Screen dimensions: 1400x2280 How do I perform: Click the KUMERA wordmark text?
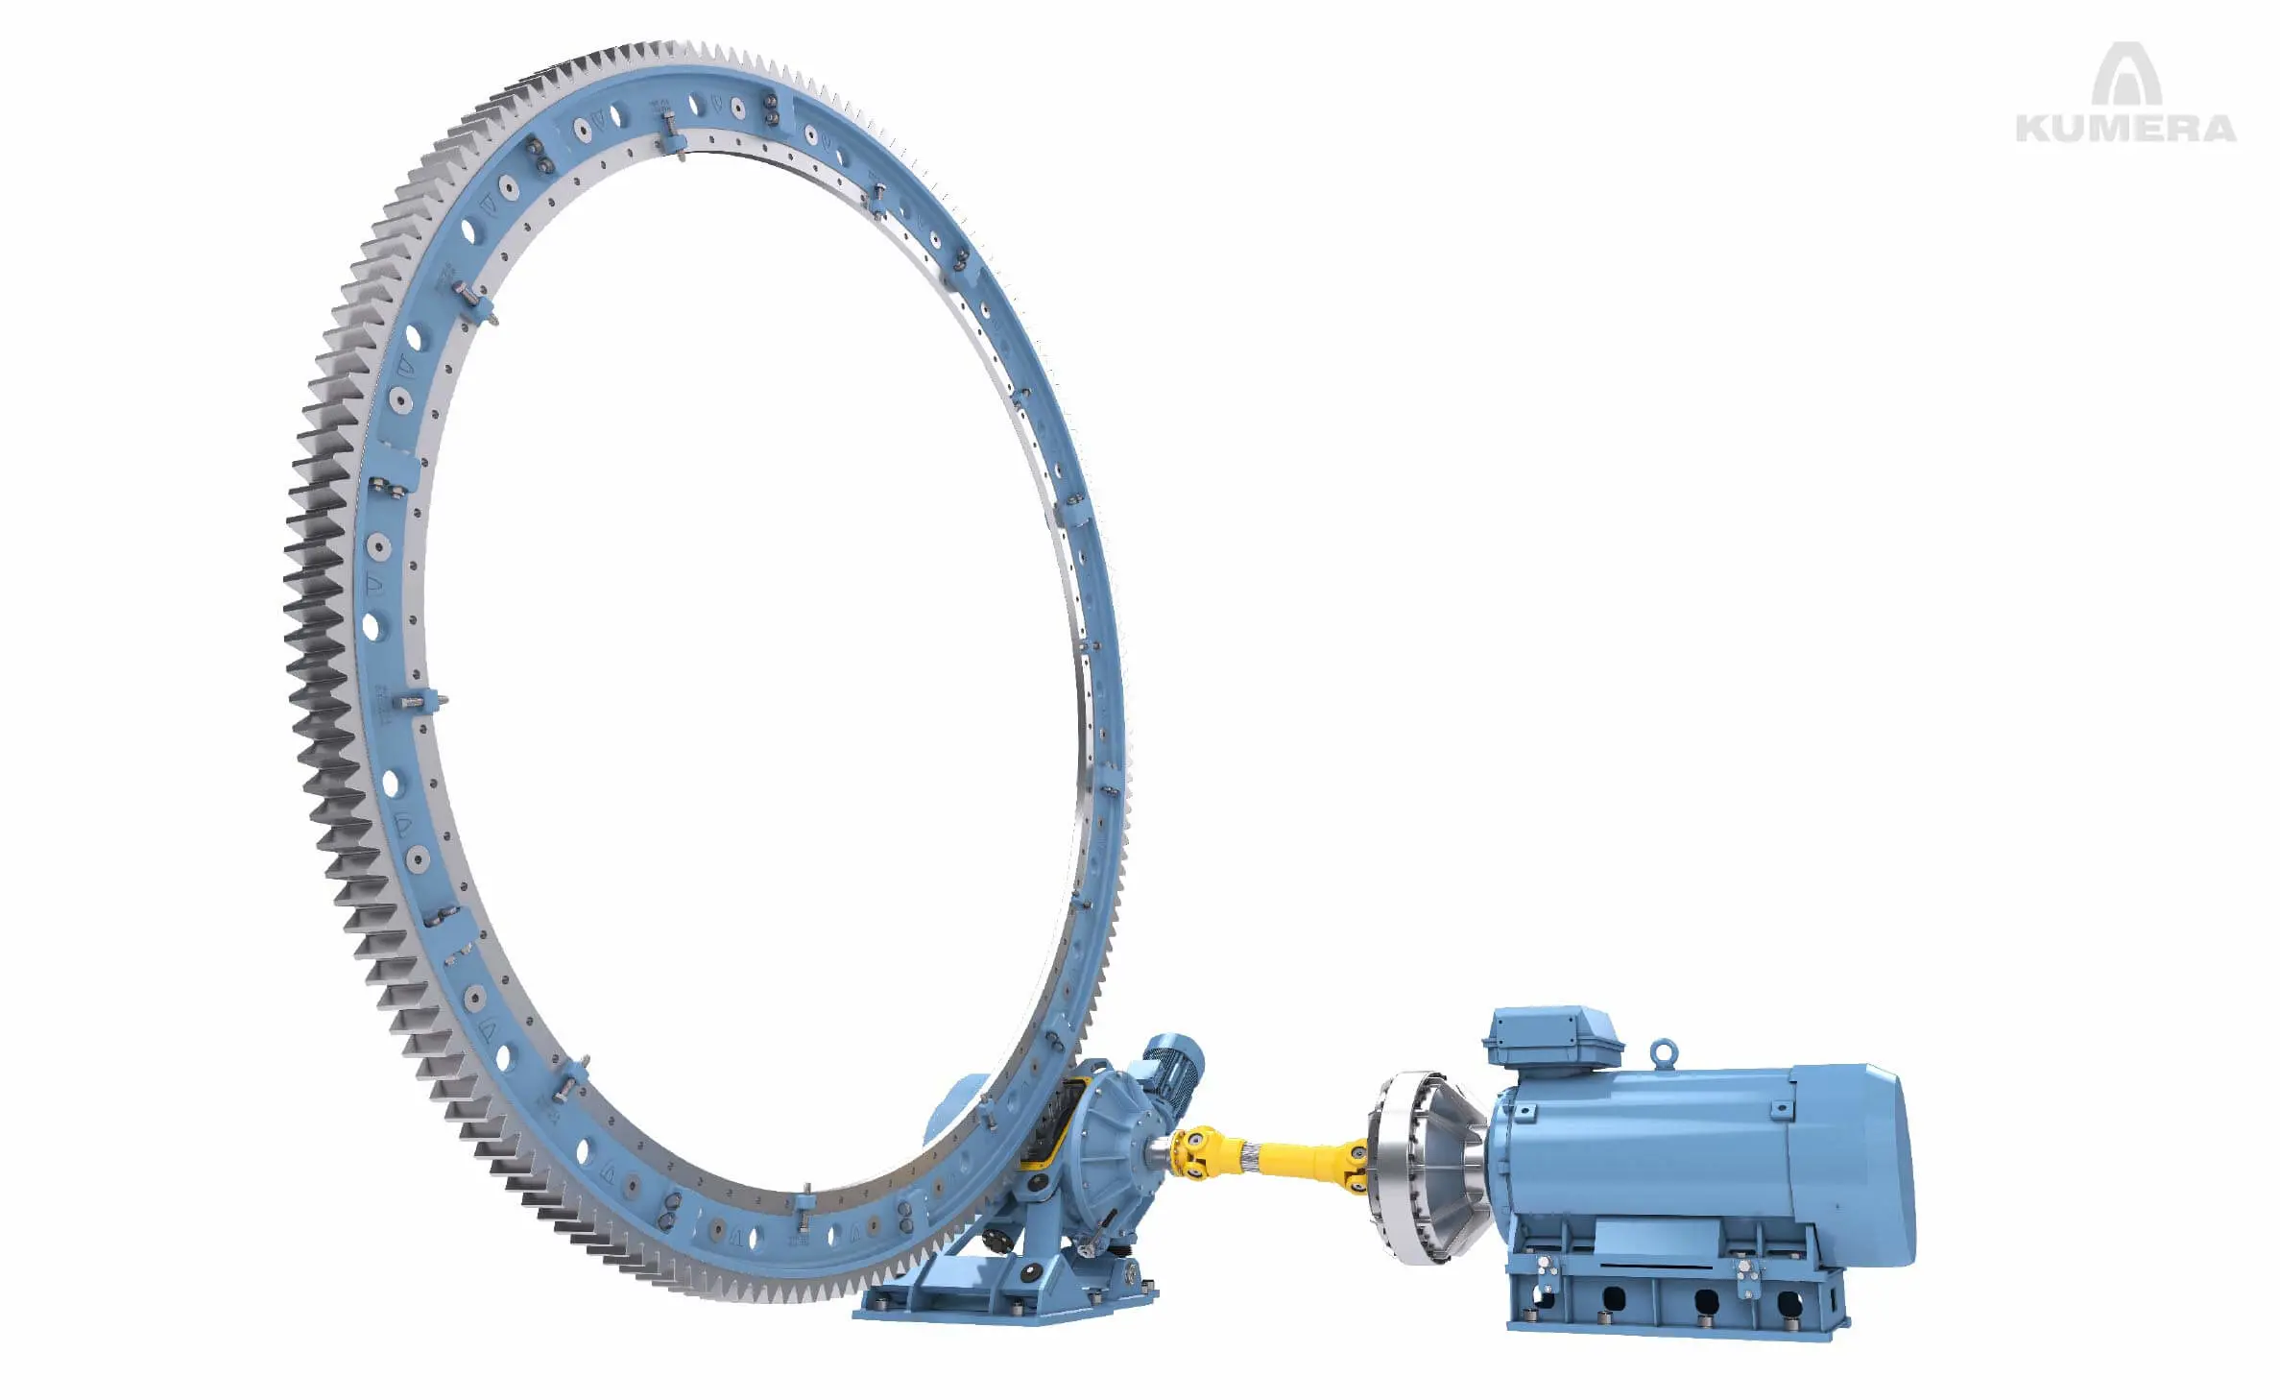[2125, 129]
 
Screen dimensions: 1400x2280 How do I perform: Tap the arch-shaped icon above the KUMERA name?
[2126, 74]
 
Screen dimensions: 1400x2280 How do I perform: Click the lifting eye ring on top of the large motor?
[1663, 1052]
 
